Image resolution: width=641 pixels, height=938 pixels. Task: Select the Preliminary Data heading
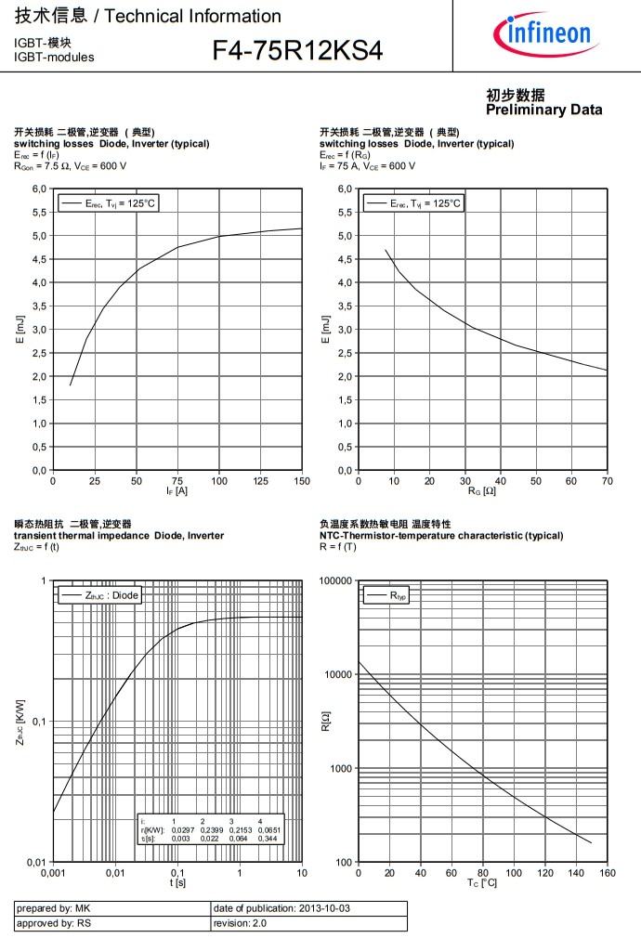543,103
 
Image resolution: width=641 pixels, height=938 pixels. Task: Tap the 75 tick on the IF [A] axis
177,480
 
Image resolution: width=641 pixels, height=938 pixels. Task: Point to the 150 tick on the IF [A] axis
302,480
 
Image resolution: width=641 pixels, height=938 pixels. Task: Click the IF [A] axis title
177,491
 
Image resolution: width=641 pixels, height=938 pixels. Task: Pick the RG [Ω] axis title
481,491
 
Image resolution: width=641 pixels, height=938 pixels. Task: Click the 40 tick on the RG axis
501,480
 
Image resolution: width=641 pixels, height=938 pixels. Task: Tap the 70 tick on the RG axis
607,480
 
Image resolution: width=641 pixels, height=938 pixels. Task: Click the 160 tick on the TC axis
607,873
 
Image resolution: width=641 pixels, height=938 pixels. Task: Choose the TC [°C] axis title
481,883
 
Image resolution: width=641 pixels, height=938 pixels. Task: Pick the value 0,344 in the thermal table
268,839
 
